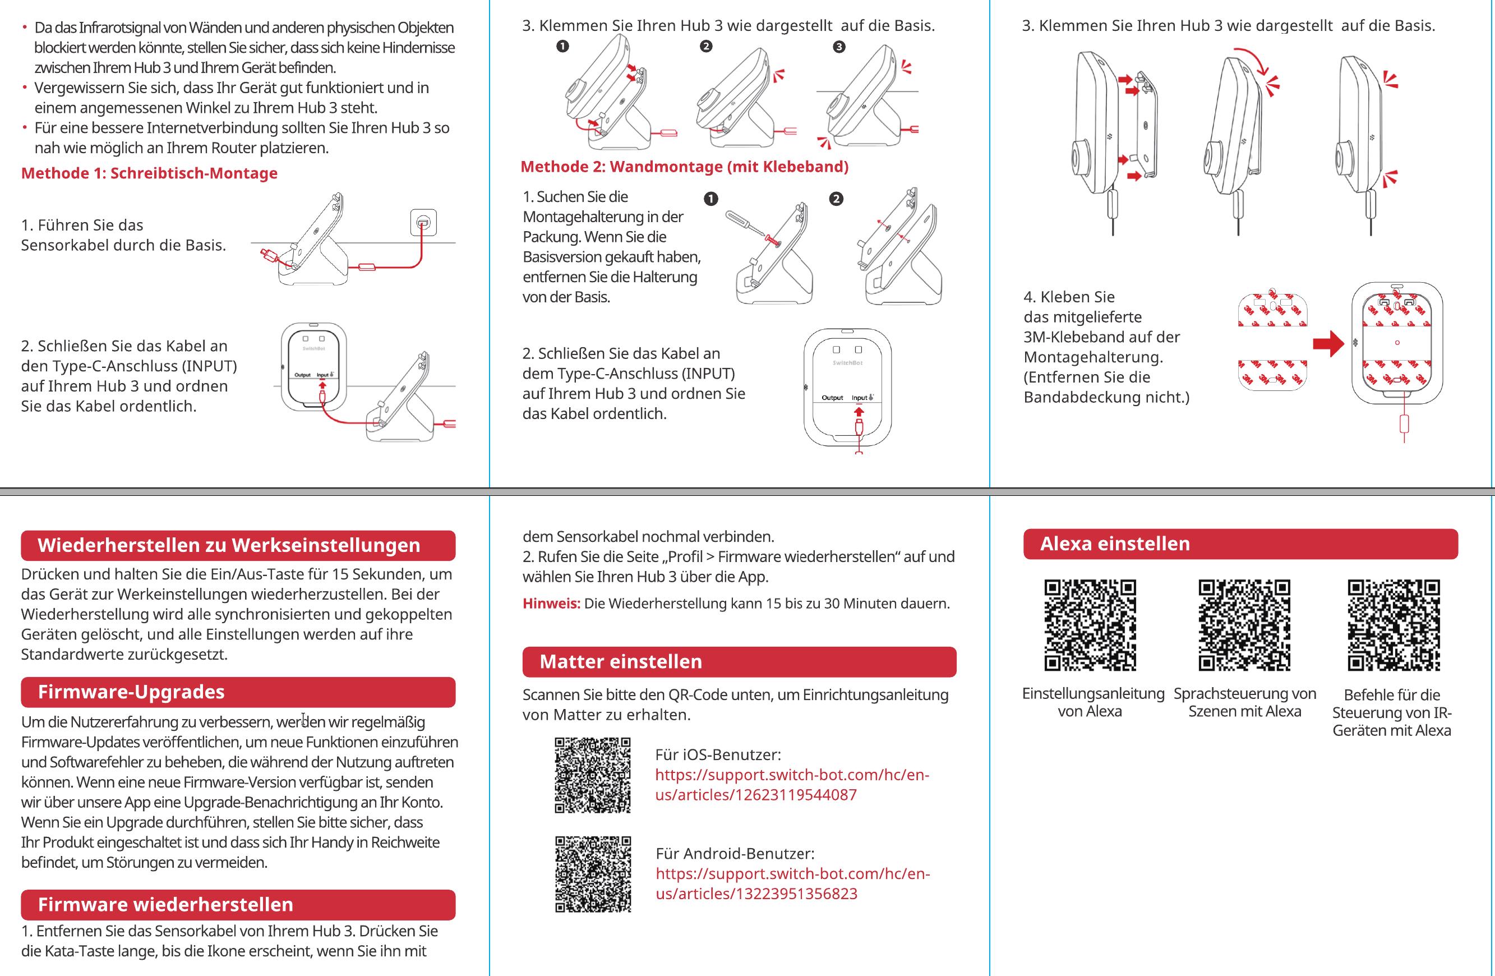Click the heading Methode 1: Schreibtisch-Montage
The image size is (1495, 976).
[x=150, y=173]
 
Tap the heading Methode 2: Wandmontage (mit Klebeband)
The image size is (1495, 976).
[x=684, y=167]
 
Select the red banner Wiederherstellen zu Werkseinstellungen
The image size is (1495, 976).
[x=238, y=545]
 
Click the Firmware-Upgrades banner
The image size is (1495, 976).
[x=238, y=692]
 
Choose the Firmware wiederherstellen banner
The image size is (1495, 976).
[x=238, y=904]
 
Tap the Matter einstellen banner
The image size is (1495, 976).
[x=739, y=662]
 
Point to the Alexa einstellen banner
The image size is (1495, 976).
[x=1240, y=544]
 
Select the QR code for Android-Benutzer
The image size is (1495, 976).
[x=592, y=874]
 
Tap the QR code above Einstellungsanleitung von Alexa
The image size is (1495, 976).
[x=1090, y=625]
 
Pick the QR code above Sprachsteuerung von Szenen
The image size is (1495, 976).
[x=1244, y=625]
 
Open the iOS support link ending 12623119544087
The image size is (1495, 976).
[x=791, y=785]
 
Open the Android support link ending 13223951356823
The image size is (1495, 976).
[x=792, y=883]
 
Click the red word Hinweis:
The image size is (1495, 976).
[x=551, y=604]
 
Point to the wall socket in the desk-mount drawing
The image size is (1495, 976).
[x=423, y=223]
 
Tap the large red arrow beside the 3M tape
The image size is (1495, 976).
[x=1328, y=343]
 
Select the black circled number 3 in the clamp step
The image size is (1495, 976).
[x=838, y=47]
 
